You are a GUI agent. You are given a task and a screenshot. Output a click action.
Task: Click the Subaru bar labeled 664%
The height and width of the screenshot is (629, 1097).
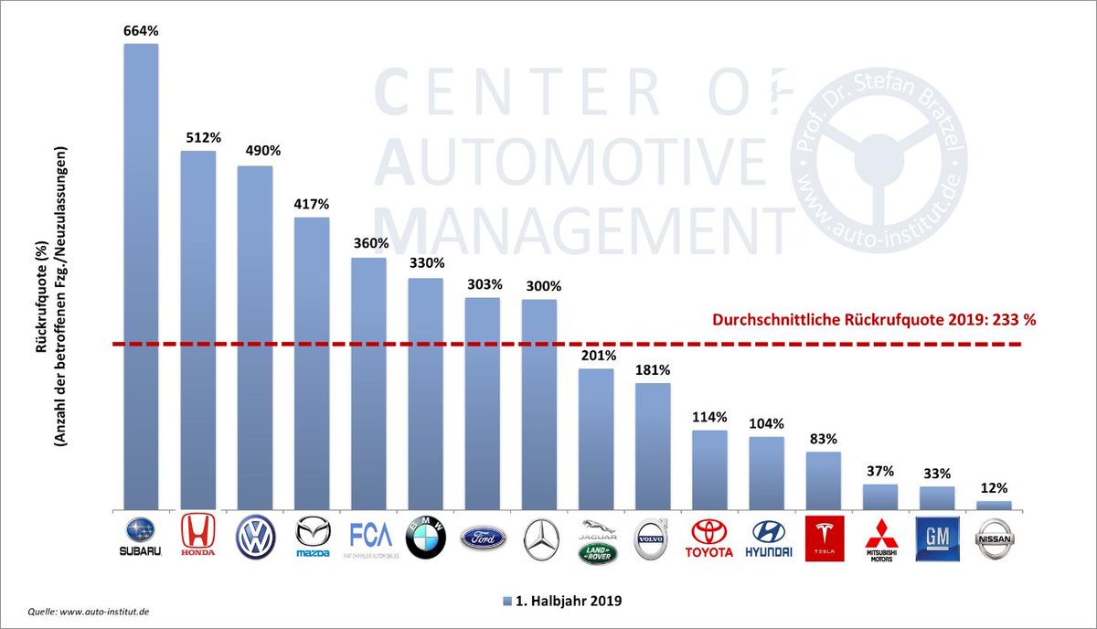pyautogui.click(x=141, y=274)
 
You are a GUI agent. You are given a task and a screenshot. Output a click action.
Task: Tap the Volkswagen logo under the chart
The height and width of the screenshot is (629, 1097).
pyautogui.click(x=255, y=538)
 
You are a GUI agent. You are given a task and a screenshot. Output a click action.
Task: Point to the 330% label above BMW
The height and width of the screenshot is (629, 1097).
pyautogui.click(x=425, y=262)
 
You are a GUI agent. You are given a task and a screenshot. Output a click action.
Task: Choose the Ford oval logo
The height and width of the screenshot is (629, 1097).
pyautogui.click(x=482, y=537)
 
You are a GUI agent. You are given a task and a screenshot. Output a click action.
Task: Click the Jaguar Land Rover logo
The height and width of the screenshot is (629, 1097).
pyautogui.click(x=596, y=539)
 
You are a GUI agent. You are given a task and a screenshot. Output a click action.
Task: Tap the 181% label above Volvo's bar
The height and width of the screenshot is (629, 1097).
pyautogui.click(x=653, y=370)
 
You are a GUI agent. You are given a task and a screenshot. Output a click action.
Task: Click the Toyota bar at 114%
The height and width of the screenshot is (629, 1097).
pyautogui.click(x=709, y=469)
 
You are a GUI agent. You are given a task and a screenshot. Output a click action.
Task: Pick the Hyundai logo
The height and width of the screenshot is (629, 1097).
pyautogui.click(x=766, y=538)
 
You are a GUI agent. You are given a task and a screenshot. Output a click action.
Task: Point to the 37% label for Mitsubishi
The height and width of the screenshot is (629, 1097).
pyautogui.click(x=880, y=472)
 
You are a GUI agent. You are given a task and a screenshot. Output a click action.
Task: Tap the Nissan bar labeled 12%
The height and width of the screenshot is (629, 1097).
pyautogui.click(x=994, y=505)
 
